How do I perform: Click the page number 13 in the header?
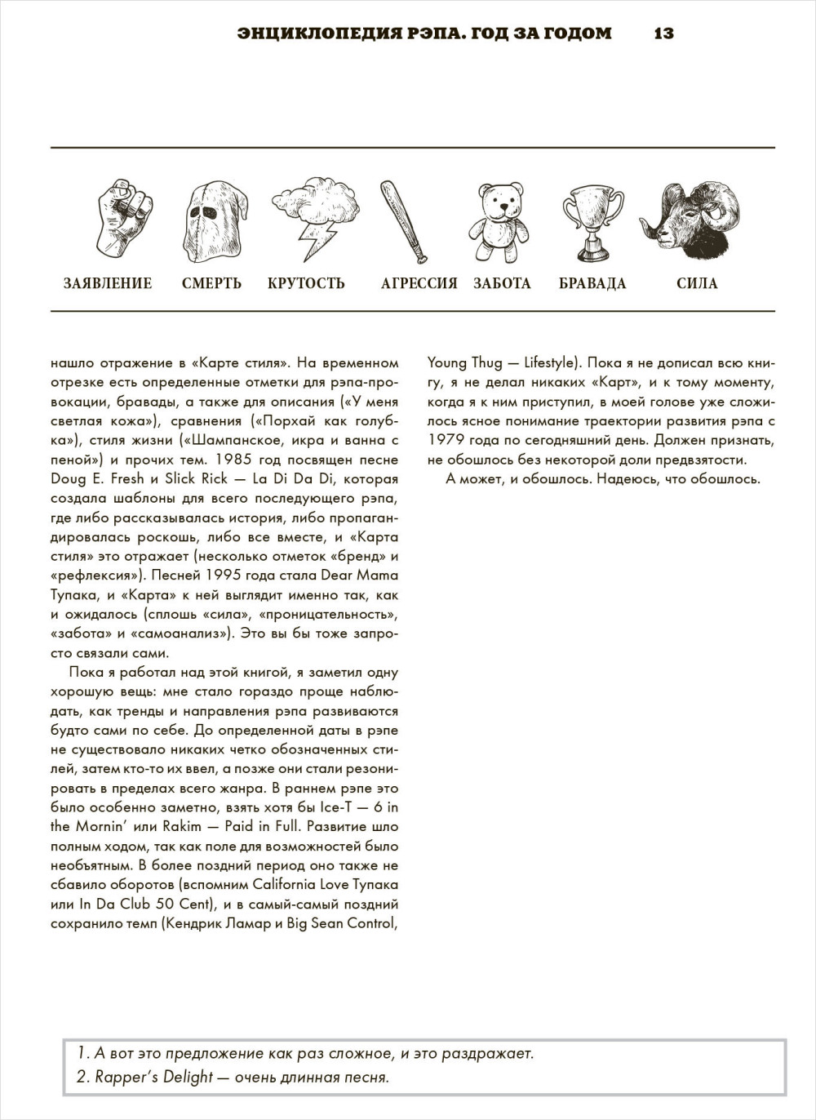[x=663, y=33]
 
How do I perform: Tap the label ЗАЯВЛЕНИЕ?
[x=108, y=283]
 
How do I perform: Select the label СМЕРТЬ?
[x=211, y=283]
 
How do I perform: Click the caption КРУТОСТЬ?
[x=306, y=283]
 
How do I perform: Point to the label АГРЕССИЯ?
[x=419, y=283]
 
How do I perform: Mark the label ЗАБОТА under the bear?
[x=502, y=283]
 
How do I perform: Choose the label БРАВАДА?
[x=592, y=283]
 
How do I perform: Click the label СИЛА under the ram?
[x=697, y=283]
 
